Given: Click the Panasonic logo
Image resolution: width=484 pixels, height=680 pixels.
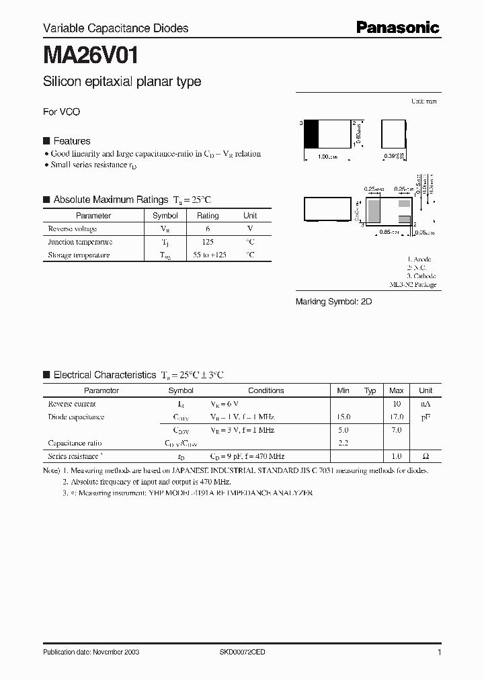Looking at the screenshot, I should pyautogui.click(x=397, y=28).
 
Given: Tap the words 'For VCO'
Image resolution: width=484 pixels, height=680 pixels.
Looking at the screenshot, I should pyautogui.click(x=61, y=112).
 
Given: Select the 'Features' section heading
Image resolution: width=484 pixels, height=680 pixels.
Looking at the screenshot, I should pyautogui.click(x=71, y=141).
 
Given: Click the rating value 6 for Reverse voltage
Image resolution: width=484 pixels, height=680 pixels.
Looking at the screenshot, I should pyautogui.click(x=208, y=229).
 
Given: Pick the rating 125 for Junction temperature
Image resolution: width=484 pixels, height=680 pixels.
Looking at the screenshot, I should pyautogui.click(x=208, y=242).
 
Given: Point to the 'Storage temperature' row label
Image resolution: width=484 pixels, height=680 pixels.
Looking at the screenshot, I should pyautogui.click(x=78, y=255).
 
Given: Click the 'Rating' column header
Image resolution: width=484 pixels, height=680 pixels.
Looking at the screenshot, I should pyautogui.click(x=208, y=216).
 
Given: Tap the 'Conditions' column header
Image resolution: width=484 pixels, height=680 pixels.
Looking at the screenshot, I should pyautogui.click(x=266, y=390).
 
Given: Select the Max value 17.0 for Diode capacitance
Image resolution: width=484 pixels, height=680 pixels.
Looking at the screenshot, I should pyautogui.click(x=397, y=417).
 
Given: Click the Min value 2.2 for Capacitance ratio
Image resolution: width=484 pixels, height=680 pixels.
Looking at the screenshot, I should pyautogui.click(x=343, y=443).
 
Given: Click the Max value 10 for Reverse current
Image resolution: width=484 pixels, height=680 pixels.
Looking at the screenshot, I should pyautogui.click(x=397, y=404).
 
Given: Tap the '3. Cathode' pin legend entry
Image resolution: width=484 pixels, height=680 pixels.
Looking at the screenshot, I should pyautogui.click(x=421, y=276).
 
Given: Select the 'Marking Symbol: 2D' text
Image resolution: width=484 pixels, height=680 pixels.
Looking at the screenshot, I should pyautogui.click(x=334, y=302).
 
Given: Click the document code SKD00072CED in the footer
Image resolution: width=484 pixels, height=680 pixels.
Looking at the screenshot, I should pyautogui.click(x=243, y=652).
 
